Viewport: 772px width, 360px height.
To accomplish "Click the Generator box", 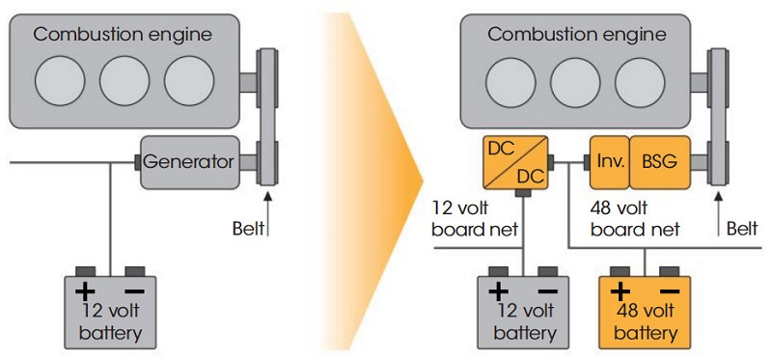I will [189, 161].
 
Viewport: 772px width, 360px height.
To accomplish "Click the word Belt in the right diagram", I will [741, 230].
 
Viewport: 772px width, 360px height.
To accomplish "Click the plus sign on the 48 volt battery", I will [620, 291].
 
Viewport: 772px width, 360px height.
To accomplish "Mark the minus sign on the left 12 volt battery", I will [136, 291].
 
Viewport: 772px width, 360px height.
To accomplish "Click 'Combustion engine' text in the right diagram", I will [577, 35].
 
